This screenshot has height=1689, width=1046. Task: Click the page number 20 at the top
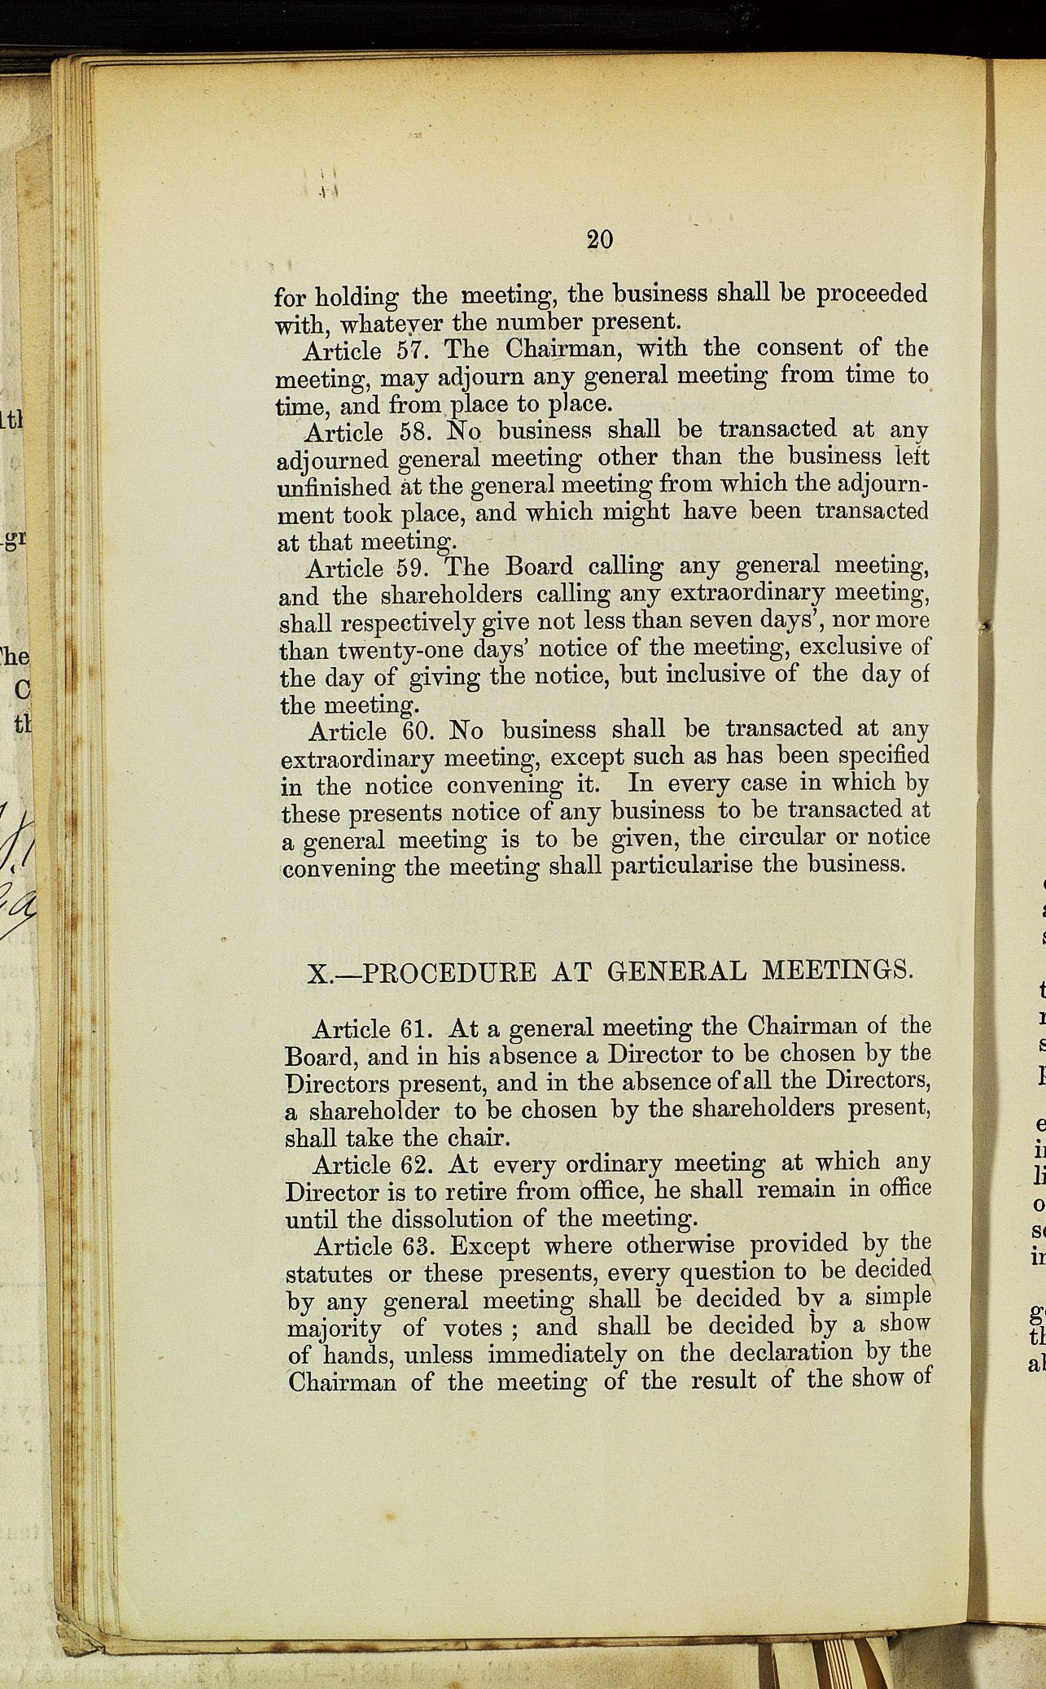[x=599, y=239]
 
